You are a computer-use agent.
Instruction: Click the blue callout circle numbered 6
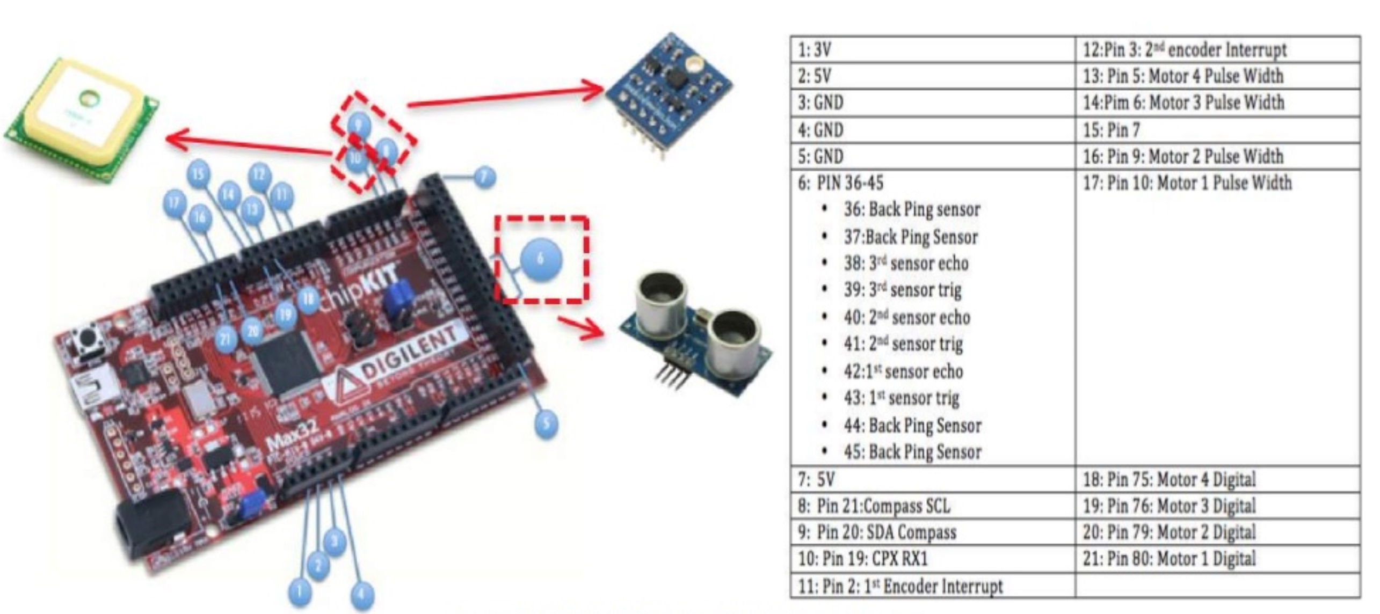(541, 259)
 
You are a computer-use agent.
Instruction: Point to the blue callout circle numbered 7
(484, 177)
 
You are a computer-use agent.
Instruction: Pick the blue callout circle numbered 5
(546, 424)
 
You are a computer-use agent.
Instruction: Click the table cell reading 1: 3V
(933, 50)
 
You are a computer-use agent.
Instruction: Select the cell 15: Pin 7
(1217, 129)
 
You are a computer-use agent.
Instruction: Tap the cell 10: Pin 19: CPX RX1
(933, 559)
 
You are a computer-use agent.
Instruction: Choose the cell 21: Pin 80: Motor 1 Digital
(1217, 559)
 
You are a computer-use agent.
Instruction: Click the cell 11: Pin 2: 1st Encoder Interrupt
(933, 586)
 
